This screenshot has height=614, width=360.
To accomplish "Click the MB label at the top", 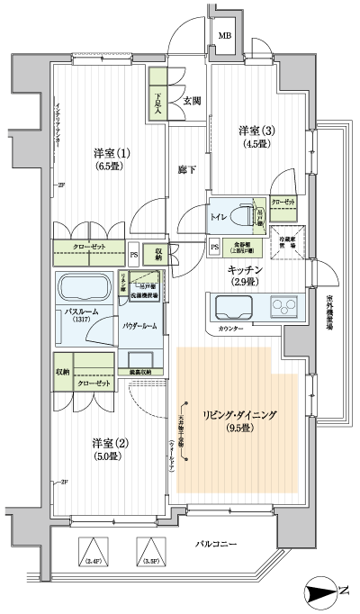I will (224, 36).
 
